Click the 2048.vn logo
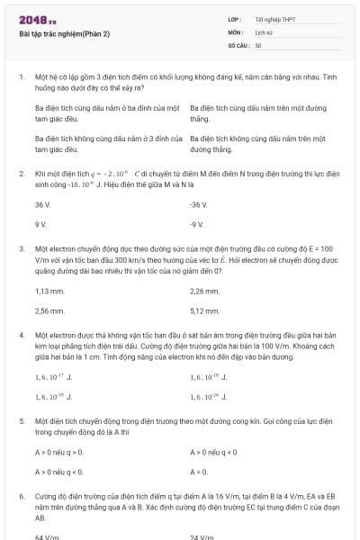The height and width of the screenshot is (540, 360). (37, 20)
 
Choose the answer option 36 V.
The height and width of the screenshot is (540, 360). (41, 205)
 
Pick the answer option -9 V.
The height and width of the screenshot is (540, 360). (197, 223)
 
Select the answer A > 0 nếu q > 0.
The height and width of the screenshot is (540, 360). (58, 452)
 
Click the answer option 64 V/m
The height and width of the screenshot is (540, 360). (46, 537)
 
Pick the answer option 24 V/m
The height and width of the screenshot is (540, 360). (202, 537)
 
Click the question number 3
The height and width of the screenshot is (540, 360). (21, 248)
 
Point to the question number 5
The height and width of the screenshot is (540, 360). (21, 420)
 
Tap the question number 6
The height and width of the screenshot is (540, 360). (21, 496)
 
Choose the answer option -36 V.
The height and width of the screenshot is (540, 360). (199, 205)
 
